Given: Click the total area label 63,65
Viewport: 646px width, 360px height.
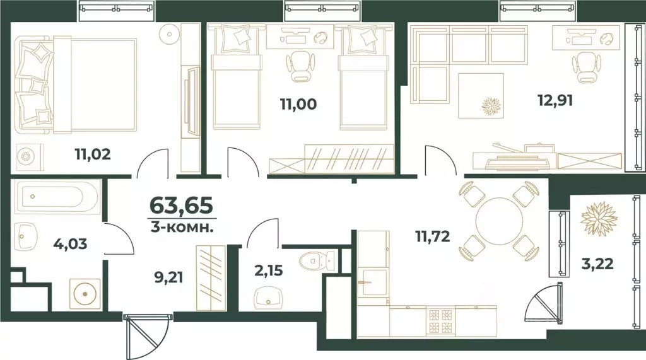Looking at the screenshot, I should point(181,206).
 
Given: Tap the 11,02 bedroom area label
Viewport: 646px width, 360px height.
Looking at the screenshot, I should point(93,153).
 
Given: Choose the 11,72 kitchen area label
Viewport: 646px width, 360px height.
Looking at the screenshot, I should point(437,238).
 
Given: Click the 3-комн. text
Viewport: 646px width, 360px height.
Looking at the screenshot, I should point(182,226).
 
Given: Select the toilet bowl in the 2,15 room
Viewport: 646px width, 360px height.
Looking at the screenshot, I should point(312,260).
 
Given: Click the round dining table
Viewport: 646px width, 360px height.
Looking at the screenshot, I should point(498,220).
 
